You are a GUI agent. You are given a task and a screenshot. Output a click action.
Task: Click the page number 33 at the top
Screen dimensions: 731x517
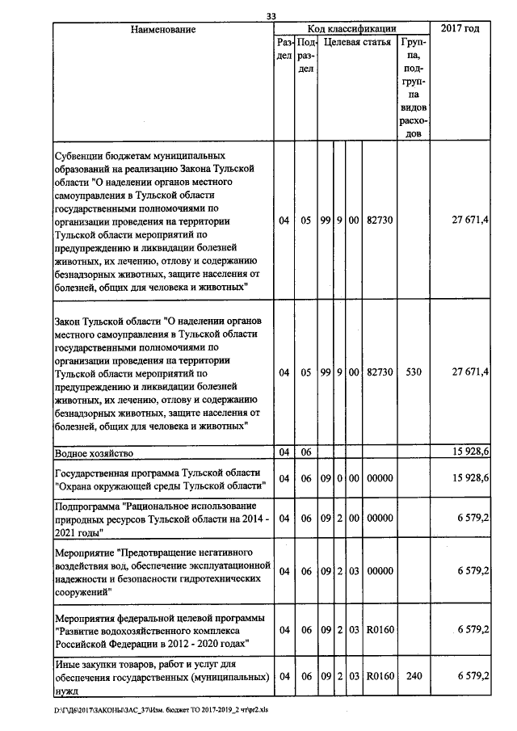click(x=271, y=15)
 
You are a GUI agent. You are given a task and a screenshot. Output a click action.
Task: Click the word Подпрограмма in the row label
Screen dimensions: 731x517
click(x=86, y=506)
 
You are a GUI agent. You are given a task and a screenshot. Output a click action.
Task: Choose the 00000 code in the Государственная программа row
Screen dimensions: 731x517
click(x=379, y=478)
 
